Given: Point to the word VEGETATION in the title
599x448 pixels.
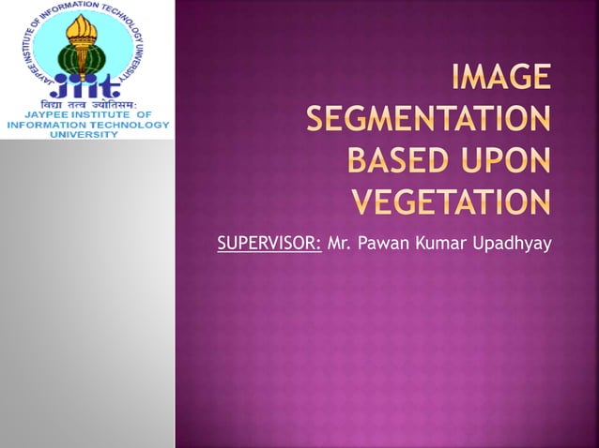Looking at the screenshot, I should [x=451, y=201].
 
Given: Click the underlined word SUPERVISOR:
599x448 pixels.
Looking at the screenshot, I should [x=269, y=245].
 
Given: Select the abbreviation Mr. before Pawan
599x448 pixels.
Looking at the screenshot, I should [x=338, y=245].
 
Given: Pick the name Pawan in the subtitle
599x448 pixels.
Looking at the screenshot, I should [x=381, y=245].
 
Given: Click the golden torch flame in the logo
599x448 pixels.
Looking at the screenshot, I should [x=85, y=24].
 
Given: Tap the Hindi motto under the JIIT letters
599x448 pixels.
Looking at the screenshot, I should [x=85, y=106].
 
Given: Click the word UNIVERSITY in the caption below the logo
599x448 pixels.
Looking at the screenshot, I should [x=85, y=134].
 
